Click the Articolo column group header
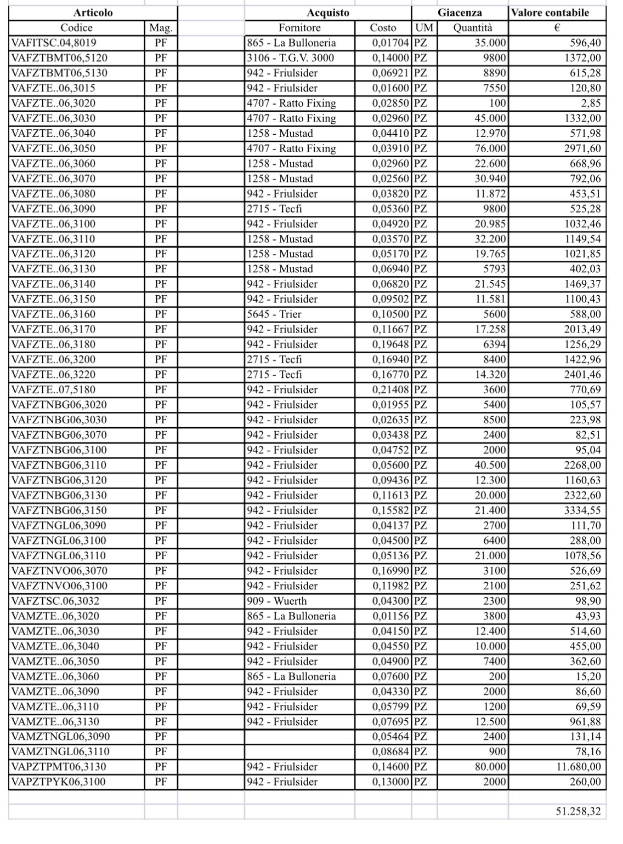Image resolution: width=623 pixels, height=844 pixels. [93, 13]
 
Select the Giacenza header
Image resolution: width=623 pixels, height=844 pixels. [460, 13]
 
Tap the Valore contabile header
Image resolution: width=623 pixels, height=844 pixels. [557, 13]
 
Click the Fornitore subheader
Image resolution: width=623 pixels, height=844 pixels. [299, 28]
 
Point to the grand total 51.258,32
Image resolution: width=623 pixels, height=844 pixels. [578, 811]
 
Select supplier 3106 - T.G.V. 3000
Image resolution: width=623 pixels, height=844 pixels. [290, 58]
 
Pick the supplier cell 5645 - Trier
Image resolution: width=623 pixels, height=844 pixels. [274, 314]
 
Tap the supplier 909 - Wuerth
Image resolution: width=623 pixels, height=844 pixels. [277, 601]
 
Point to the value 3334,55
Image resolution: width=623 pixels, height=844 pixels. [582, 510]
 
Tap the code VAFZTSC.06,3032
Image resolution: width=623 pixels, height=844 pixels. [55, 601]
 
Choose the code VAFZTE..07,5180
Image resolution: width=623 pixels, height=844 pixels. [54, 390]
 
